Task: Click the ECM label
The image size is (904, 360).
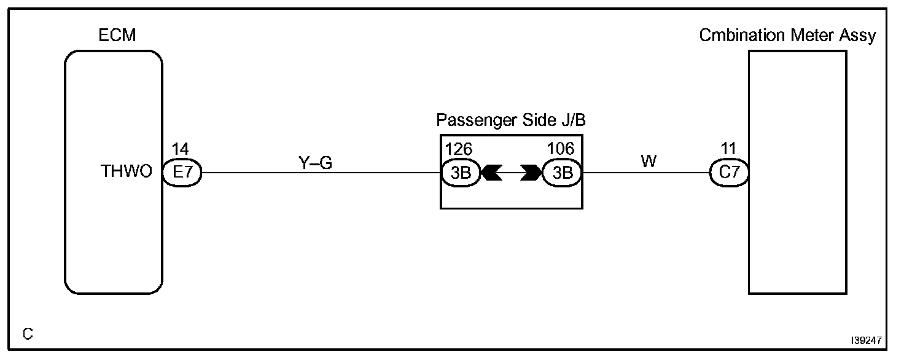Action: point(117,36)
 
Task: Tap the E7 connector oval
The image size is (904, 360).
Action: point(182,173)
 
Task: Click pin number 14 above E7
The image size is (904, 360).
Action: point(180,149)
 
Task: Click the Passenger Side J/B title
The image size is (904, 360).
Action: point(511,120)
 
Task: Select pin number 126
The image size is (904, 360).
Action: point(458,149)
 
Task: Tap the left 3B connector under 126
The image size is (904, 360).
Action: point(461,173)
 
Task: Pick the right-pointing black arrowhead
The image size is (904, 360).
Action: point(530,173)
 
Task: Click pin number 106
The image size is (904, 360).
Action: point(561,149)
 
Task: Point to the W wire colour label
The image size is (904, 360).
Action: point(649,162)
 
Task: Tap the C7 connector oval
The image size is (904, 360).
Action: point(729,173)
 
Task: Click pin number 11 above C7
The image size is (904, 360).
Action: point(728,149)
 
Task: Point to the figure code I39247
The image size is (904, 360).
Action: point(867,339)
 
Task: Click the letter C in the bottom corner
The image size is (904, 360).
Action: point(27,334)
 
